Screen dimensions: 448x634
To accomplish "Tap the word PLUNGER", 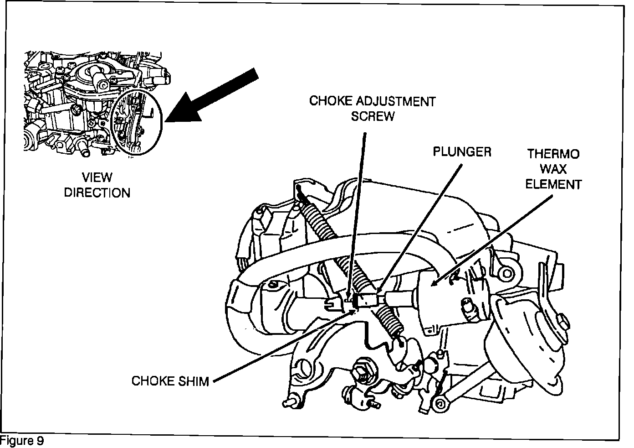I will click(x=462, y=152).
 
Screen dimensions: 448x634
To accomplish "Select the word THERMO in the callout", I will click(x=553, y=154).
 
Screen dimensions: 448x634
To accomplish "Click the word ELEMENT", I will click(x=553, y=184).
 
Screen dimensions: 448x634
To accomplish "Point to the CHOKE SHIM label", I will click(x=170, y=380).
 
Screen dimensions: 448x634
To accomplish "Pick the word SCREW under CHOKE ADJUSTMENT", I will click(x=372, y=116).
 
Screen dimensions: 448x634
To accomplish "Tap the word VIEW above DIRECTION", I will click(x=97, y=177).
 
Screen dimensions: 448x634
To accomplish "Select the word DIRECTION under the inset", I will click(x=97, y=193).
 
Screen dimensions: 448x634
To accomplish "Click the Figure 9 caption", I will click(x=22, y=441).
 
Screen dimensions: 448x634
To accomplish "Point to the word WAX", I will click(x=553, y=169).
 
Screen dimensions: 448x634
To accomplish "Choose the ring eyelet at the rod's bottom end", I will click(x=440, y=403).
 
